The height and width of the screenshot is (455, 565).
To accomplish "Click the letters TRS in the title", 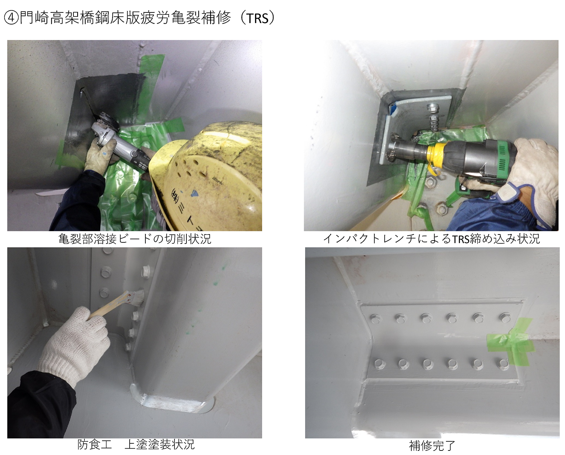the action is pyautogui.click(x=257, y=19).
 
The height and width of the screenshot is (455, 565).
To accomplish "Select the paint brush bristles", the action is pyautogui.click(x=137, y=297).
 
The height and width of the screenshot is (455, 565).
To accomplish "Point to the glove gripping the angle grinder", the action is pyautogui.click(x=101, y=155).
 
